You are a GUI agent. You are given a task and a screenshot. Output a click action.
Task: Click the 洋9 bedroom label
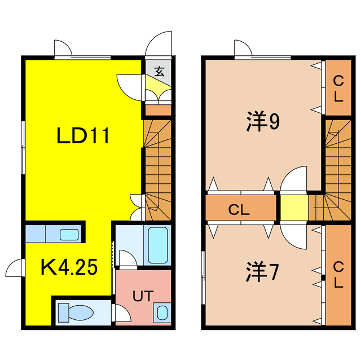[x=262, y=122]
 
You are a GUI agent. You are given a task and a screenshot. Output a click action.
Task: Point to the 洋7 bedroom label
[x=262, y=273]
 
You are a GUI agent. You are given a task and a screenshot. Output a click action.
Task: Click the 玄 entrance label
[x=160, y=72]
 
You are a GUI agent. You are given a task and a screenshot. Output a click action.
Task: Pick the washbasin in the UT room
[x=162, y=312]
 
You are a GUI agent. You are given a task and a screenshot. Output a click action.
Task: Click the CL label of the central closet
[x=239, y=210]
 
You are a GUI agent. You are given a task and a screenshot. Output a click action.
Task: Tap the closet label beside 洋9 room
[x=338, y=87]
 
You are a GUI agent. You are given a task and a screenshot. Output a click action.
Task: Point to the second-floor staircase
[x=337, y=169]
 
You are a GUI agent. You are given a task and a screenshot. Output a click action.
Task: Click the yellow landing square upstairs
[x=294, y=207]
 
